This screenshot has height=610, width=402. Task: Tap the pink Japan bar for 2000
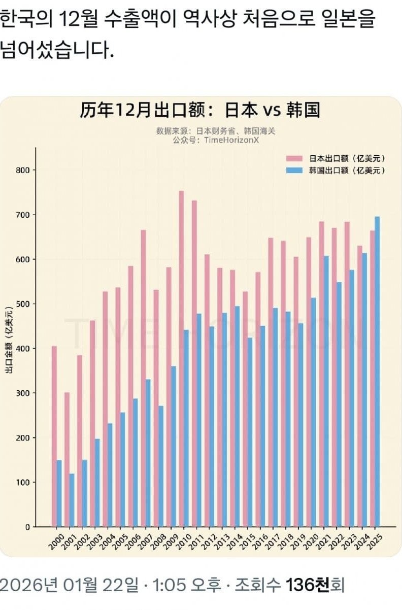[x=54, y=436]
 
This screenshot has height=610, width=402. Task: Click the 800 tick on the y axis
[x=25, y=170]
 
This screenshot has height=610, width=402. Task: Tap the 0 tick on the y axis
[x=28, y=527]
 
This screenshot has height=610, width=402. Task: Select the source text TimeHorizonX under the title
[x=231, y=140]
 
